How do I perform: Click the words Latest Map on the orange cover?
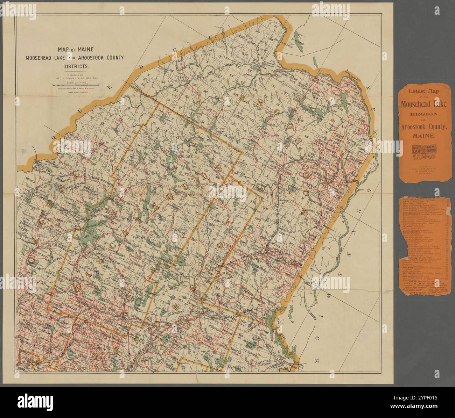pos(423,91)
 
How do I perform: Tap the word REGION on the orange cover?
pos(423,114)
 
